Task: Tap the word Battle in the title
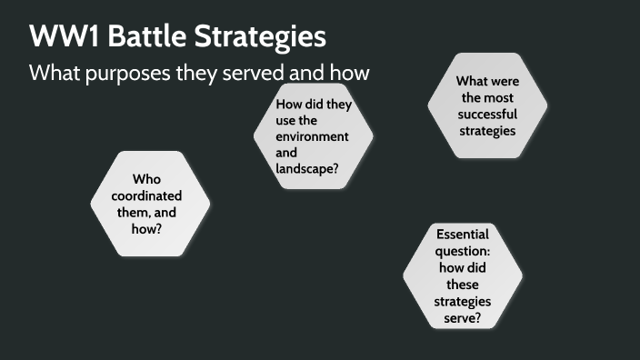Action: pos(141,37)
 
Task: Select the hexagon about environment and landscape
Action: pos(314,136)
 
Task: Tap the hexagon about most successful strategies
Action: pos(487,105)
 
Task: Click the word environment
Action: pos(313,136)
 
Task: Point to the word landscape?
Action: pos(309,169)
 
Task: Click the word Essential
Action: pos(463,234)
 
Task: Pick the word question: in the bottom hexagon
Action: pos(463,250)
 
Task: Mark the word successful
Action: pos(487,114)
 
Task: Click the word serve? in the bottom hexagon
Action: pos(463,317)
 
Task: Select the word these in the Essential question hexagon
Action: pos(463,284)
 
